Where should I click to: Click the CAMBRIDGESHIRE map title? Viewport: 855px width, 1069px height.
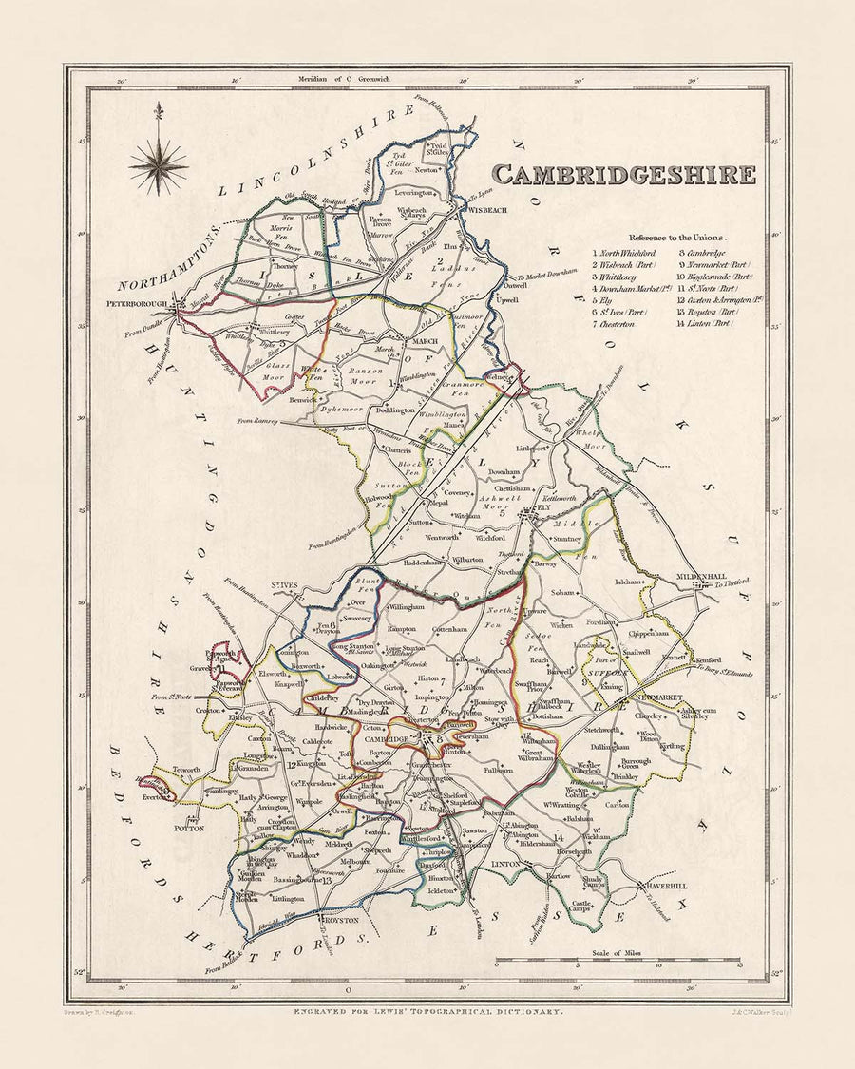(x=624, y=175)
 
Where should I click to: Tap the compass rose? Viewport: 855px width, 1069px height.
(x=159, y=165)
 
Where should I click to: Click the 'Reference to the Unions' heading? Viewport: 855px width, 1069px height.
(x=675, y=237)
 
